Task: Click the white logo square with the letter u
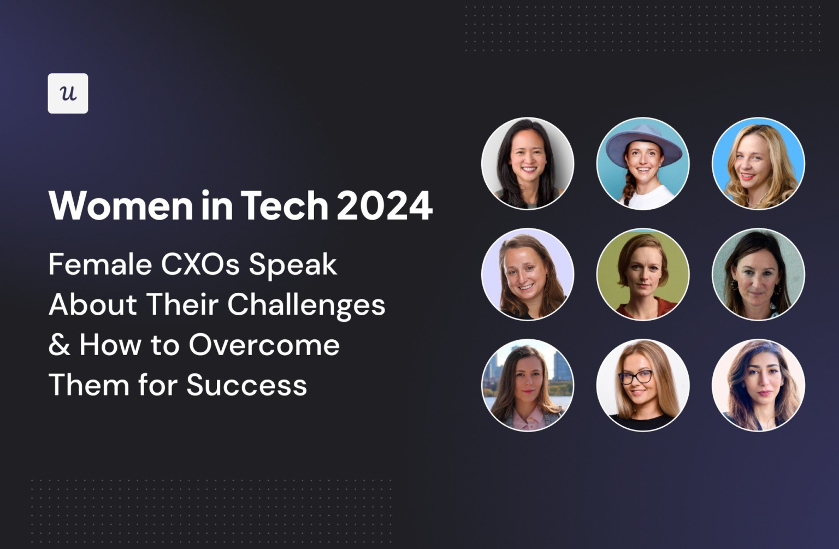[x=68, y=93]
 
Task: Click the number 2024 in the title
[x=385, y=206]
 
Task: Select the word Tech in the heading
[x=284, y=206]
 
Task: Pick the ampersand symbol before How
[x=59, y=345]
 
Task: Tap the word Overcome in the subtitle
[x=264, y=345]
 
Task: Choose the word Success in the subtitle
[x=247, y=385]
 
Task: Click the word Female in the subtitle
[x=100, y=265]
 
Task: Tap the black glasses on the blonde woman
[x=635, y=377]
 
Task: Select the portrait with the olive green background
[x=643, y=274]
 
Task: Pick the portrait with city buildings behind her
[x=528, y=385]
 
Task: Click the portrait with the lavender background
[x=528, y=274]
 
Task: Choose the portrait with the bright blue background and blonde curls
[x=758, y=163]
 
